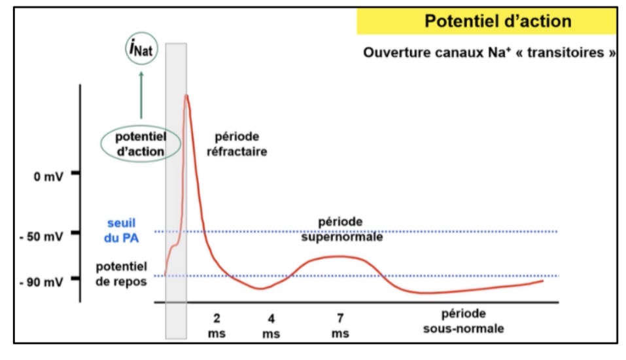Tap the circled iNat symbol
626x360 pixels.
[141, 49]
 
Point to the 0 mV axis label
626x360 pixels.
[46, 177]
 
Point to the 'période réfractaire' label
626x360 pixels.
[237, 143]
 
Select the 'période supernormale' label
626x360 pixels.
[341, 229]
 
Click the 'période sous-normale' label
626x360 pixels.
[463, 321]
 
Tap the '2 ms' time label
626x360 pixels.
[216, 326]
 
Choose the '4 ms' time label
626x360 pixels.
[271, 326]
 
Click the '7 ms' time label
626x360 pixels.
[340, 326]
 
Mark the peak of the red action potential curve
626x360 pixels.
[187, 96]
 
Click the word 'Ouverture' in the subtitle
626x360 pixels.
[395, 52]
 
